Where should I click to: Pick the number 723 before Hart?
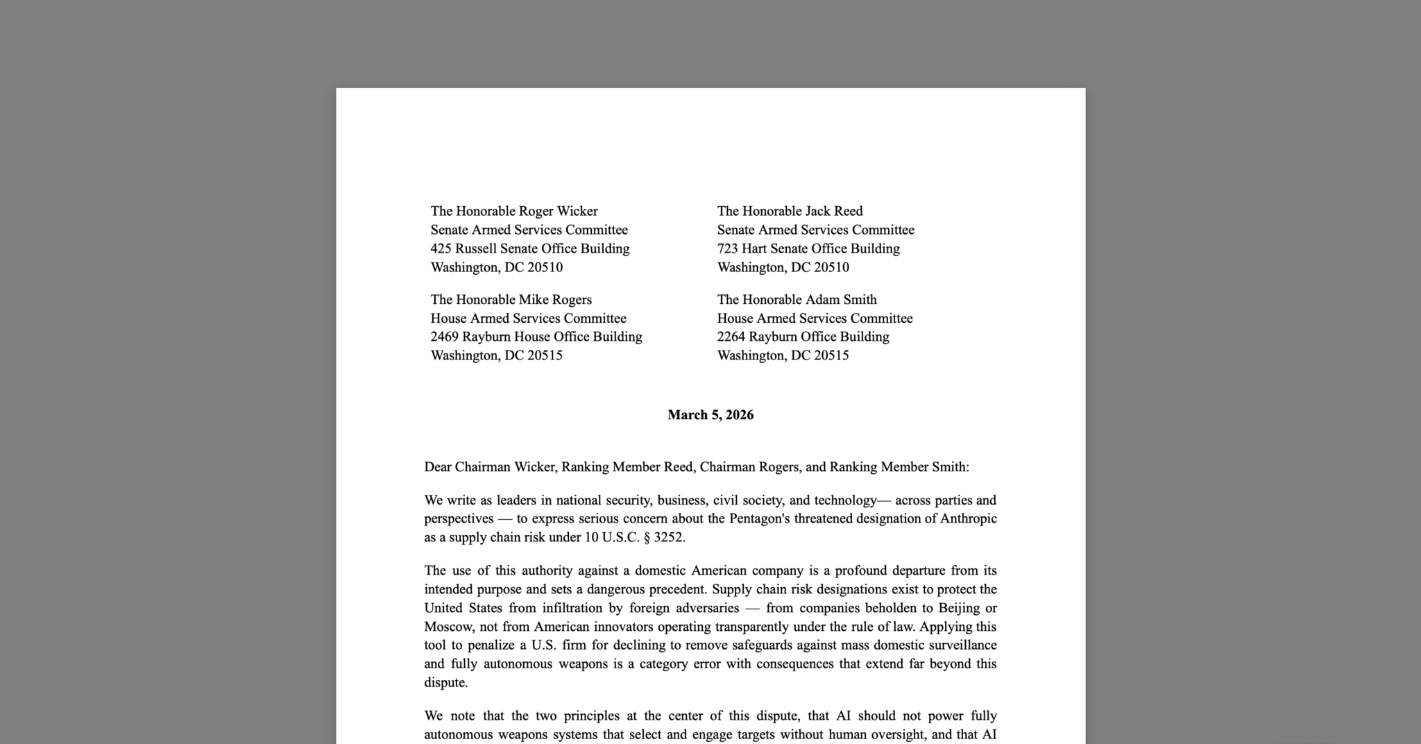coord(728,248)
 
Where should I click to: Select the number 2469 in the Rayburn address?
coord(445,337)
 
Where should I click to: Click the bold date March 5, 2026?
coord(710,415)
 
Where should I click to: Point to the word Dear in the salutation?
coord(438,467)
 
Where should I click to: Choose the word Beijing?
coord(958,608)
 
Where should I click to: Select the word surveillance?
coord(960,645)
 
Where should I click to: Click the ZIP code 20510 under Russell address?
coord(545,267)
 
